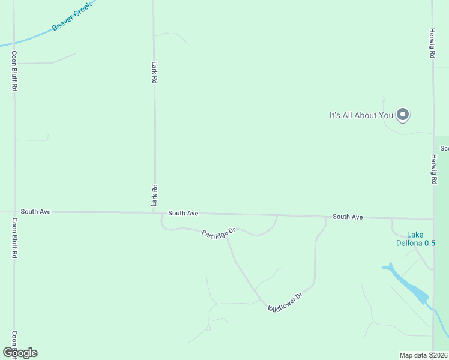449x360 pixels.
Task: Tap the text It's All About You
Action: (x=361, y=115)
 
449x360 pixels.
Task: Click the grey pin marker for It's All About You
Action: (x=403, y=114)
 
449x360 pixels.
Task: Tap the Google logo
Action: (x=20, y=353)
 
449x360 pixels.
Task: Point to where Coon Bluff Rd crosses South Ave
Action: (x=14, y=212)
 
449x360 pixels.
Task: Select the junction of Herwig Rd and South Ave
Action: (x=433, y=218)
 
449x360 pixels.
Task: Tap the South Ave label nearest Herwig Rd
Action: (x=348, y=217)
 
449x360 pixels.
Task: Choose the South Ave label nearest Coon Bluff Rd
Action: (x=35, y=212)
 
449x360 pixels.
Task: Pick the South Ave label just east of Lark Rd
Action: (x=183, y=213)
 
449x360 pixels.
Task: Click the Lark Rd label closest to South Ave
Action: (x=154, y=196)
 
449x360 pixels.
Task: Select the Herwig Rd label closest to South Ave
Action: (x=433, y=169)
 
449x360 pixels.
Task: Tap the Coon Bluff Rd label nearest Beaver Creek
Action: (x=14, y=71)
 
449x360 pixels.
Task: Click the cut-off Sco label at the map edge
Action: (x=444, y=148)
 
